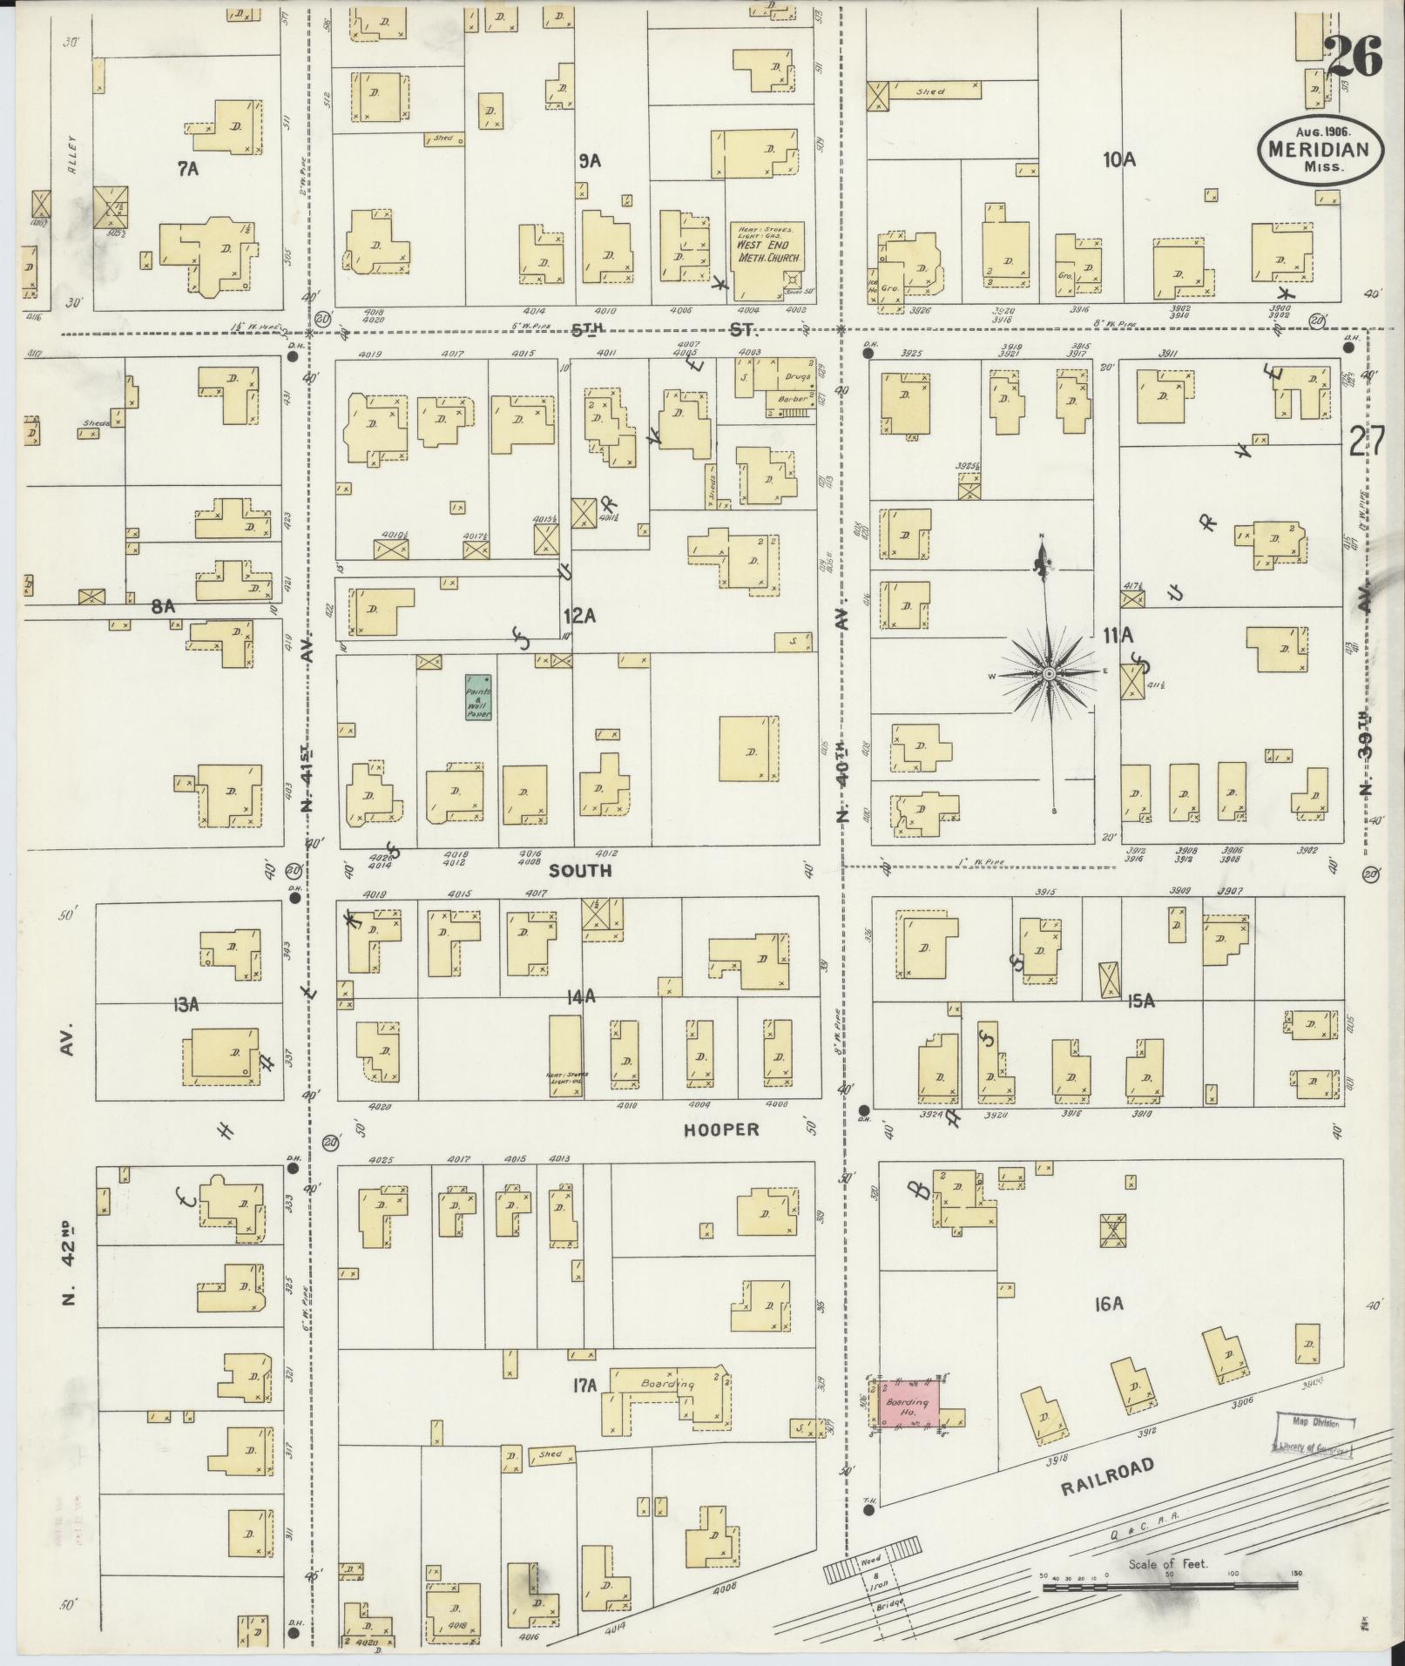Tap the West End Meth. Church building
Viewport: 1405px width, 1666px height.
767,258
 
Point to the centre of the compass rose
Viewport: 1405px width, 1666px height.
1050,674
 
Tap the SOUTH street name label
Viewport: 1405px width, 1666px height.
580,870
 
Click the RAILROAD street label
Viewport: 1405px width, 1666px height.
1107,1477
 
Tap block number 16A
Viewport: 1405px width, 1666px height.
1110,1304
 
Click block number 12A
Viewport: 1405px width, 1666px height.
578,617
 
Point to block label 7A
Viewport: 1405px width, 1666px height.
187,170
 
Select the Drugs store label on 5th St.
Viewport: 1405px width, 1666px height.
797,377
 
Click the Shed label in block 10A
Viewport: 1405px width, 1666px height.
930,91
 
